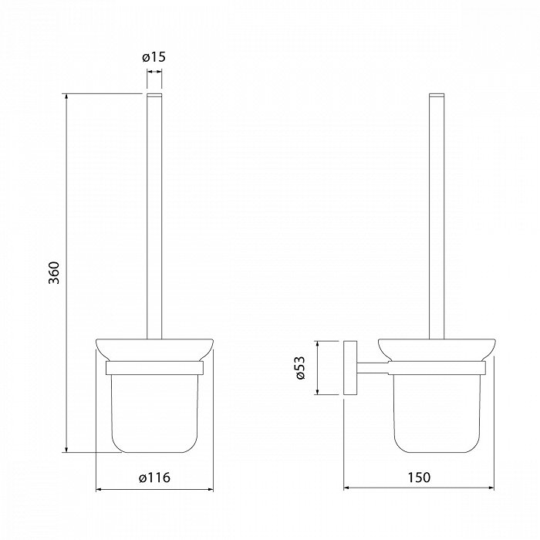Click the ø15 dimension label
154,57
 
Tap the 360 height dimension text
54,273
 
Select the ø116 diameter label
154,478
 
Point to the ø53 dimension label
299,367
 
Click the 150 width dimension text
419,478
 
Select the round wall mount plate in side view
350,367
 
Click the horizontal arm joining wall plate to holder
373,368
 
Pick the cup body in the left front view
154,413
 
